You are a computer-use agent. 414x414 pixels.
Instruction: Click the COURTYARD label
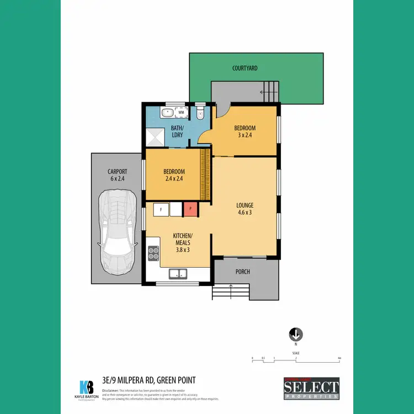click(245, 68)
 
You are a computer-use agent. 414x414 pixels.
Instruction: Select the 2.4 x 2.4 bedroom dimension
click(174, 179)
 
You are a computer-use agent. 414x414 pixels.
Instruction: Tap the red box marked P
click(190, 209)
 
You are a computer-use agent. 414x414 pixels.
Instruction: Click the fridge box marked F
click(161, 209)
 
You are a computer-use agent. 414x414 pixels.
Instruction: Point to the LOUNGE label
click(244, 205)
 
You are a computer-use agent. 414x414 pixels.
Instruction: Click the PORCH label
click(242, 272)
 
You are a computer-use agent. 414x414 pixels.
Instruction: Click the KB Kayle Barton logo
click(87, 388)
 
